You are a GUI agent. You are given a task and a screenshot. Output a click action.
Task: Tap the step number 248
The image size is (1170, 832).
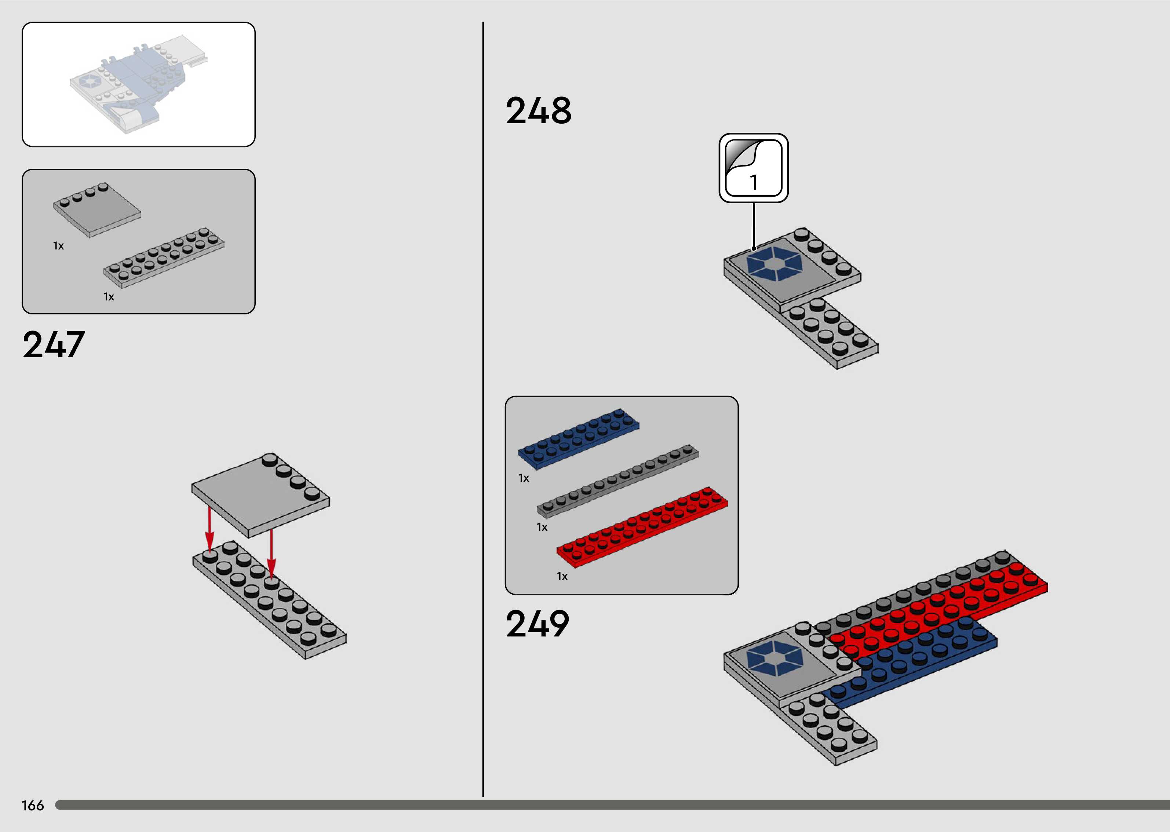coord(538,111)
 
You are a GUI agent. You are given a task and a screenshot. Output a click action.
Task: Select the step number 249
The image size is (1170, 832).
coord(537,624)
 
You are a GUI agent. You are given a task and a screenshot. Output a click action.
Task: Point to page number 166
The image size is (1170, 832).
coord(33,805)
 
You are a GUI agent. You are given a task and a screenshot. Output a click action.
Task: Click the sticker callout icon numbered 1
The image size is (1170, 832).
coord(754,168)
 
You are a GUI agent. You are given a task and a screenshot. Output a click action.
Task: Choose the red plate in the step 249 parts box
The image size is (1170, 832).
coord(642,527)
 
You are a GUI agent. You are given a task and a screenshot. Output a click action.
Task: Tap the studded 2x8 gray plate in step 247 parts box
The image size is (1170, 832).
coord(164,257)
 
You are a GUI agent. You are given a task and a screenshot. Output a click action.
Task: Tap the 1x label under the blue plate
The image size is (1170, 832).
coord(524,478)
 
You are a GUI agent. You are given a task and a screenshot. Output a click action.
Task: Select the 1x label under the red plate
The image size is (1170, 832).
coord(562,576)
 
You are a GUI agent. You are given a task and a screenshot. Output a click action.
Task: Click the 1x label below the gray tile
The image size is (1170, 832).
coord(58,246)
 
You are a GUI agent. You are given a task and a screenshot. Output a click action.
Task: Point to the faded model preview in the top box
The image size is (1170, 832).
coord(138,84)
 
